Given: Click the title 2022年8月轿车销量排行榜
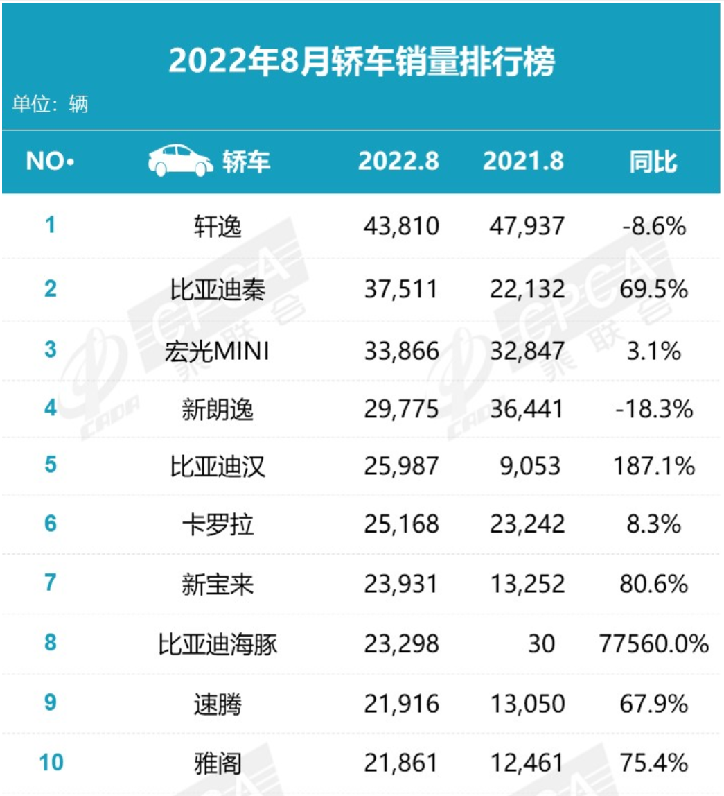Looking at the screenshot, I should [x=362, y=63].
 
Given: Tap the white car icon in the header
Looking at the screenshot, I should [x=180, y=161].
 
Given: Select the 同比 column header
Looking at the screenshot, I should [x=653, y=162].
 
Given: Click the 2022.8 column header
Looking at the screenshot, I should [x=398, y=162].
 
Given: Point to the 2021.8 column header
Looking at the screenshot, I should [x=523, y=162].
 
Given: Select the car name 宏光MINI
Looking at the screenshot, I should [x=218, y=352].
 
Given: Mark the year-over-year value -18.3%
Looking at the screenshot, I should [x=653, y=409].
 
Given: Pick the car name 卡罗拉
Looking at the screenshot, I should [x=218, y=525].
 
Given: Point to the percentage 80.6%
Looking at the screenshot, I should [x=653, y=585].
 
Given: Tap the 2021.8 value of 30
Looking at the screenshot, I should [x=540, y=644].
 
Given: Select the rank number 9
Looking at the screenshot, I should [x=50, y=703].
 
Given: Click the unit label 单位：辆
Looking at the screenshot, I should [x=50, y=105].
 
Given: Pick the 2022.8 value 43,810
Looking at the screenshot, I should [x=401, y=226].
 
